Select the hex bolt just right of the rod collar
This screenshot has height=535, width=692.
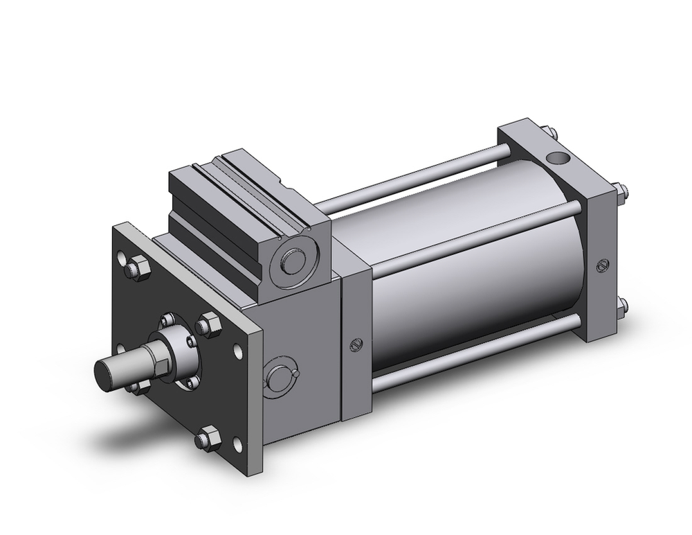tap(206, 324)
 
